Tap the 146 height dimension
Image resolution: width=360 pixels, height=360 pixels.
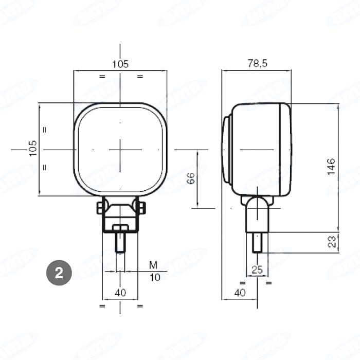(331, 167)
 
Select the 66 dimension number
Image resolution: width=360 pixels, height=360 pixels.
(190, 179)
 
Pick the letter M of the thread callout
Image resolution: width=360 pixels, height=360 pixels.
(153, 265)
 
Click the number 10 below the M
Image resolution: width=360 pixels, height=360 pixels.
(155, 277)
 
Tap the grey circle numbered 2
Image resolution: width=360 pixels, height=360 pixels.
(59, 273)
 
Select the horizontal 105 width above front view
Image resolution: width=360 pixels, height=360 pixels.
(120, 64)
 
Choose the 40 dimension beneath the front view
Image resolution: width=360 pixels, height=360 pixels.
(120, 293)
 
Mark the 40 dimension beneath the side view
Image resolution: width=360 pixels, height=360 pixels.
(239, 293)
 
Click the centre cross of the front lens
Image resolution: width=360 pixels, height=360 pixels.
(120, 149)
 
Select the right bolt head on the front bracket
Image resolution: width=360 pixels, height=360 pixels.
(139, 207)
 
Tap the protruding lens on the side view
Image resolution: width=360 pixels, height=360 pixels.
(227, 149)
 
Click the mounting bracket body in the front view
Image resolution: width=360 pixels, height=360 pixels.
(120, 216)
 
